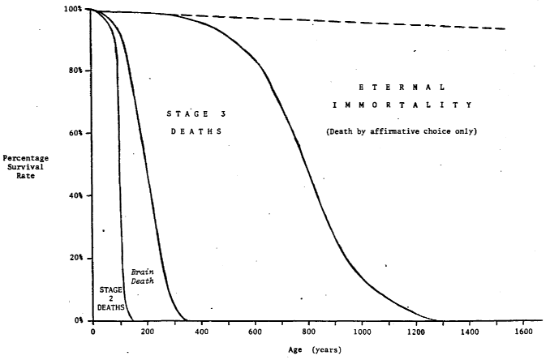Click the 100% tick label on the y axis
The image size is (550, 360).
(72, 9)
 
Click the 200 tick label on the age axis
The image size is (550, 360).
(147, 332)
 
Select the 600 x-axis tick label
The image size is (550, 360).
(255, 332)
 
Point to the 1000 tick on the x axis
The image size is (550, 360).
(362, 332)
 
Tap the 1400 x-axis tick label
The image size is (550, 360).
(470, 332)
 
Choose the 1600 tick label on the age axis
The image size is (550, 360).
(523, 332)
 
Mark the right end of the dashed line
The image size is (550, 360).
(506, 29)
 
